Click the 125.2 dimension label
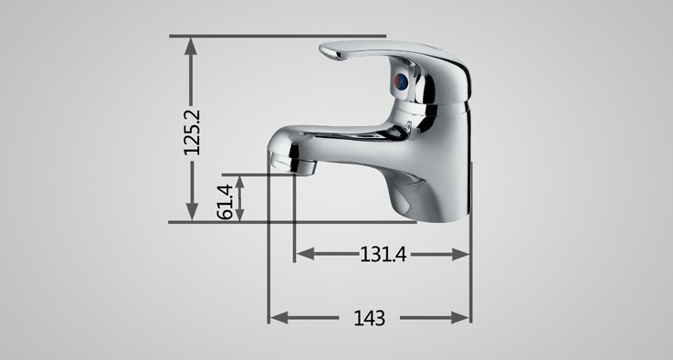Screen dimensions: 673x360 coord(192,132)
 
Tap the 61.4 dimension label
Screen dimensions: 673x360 coord(225,202)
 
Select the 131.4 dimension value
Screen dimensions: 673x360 coord(383,254)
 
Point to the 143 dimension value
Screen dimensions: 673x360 coord(369,318)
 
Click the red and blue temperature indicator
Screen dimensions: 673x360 coord(401,81)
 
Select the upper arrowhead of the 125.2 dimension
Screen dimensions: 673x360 coord(191,47)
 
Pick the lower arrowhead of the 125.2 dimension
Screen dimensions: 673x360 coord(192,211)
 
